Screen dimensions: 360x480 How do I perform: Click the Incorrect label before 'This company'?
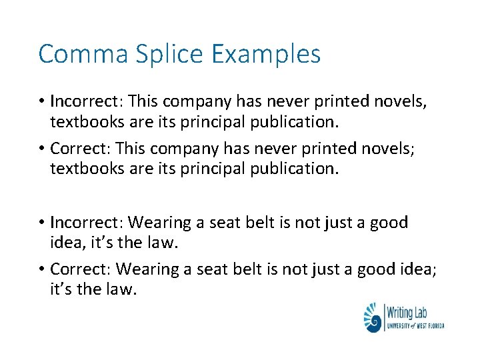86,102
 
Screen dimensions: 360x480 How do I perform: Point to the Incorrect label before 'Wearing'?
86,222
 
